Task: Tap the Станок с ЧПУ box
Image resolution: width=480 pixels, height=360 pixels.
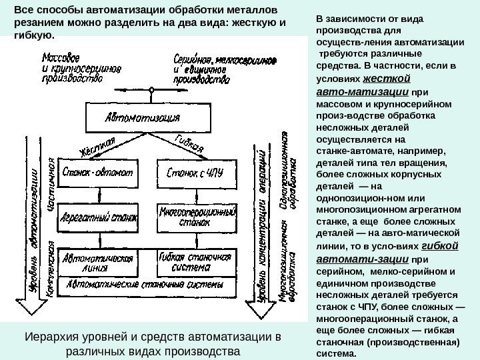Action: coord(190,173)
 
